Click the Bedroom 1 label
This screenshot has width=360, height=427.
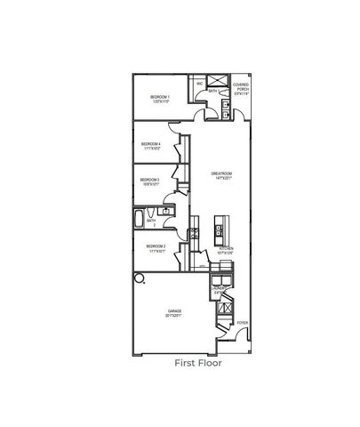click(x=160, y=97)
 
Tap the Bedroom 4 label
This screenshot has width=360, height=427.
click(x=151, y=146)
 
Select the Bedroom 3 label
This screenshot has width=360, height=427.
click(x=149, y=181)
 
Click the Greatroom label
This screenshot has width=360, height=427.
click(x=221, y=174)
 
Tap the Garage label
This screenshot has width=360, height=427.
click(x=174, y=313)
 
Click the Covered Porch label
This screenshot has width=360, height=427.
click(x=242, y=87)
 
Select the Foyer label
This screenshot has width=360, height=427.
click(x=243, y=323)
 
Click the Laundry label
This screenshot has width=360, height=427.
click(x=217, y=290)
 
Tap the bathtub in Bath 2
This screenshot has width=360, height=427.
click(x=141, y=217)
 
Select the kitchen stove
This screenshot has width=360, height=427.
click(x=195, y=234)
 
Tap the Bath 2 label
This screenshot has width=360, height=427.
click(x=152, y=224)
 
